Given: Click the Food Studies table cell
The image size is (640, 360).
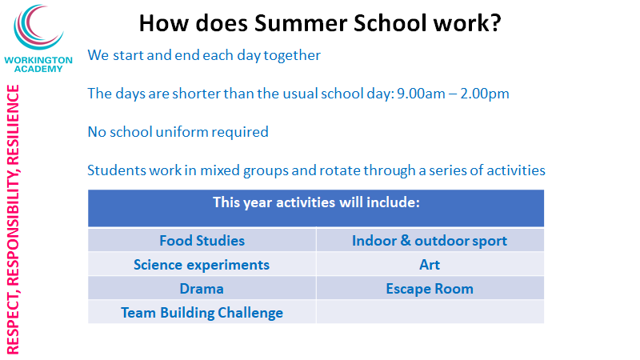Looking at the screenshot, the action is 202,240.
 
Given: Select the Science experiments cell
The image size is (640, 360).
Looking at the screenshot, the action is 202,264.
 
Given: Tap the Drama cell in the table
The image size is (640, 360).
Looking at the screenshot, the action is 202,288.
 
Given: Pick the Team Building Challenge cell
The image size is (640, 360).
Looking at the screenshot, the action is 202,312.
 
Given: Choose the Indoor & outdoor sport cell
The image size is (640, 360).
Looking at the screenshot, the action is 430,240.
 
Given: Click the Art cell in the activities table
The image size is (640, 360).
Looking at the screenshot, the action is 430,264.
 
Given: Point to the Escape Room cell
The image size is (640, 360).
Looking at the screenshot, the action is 430,288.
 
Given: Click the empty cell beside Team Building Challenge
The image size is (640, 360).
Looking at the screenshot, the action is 430,312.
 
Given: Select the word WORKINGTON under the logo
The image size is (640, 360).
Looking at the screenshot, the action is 38,60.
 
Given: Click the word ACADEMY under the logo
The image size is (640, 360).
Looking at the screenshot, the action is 38,69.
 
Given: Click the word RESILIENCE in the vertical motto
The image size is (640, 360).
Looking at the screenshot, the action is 13,124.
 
